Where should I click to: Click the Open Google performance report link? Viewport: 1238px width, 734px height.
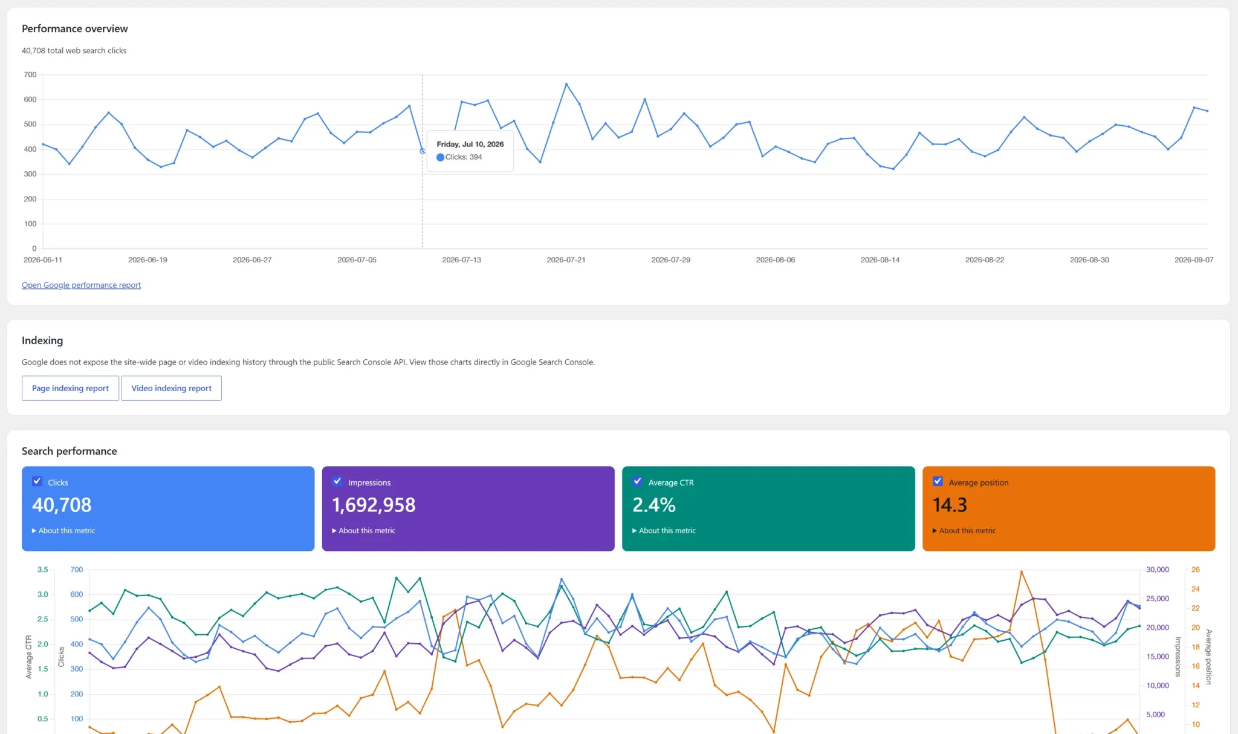pyautogui.click(x=81, y=285)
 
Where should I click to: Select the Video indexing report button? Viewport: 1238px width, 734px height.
pyautogui.click(x=171, y=388)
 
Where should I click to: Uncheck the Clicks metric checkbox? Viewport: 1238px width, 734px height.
pyautogui.click(x=37, y=481)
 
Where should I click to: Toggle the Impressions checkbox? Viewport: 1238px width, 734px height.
pyautogui.click(x=337, y=481)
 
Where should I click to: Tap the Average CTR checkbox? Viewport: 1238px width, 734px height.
pyautogui.click(x=637, y=481)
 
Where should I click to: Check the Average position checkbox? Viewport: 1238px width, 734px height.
pyautogui.click(x=938, y=481)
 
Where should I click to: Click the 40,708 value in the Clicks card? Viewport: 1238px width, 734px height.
pyautogui.click(x=62, y=505)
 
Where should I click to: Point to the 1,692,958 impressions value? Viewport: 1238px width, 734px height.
pyautogui.click(x=374, y=505)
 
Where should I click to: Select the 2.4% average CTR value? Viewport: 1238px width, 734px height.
pyautogui.click(x=654, y=505)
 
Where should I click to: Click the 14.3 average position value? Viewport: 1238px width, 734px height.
pyautogui.click(x=950, y=505)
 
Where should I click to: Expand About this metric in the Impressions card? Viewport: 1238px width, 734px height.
pyautogui.click(x=364, y=531)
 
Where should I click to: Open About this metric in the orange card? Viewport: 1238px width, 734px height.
pyautogui.click(x=964, y=531)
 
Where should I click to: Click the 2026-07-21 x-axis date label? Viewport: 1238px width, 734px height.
pyautogui.click(x=566, y=260)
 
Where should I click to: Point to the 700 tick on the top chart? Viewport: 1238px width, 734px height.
pyautogui.click(x=30, y=75)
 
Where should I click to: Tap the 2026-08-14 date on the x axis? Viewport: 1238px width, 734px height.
pyautogui.click(x=880, y=260)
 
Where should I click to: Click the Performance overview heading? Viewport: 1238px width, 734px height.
pyautogui.click(x=75, y=28)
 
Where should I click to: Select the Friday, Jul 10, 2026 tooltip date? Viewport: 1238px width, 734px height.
pyautogui.click(x=470, y=144)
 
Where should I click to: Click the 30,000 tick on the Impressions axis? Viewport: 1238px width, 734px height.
pyautogui.click(x=1158, y=570)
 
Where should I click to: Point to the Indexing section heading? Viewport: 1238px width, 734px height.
pyautogui.click(x=42, y=340)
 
